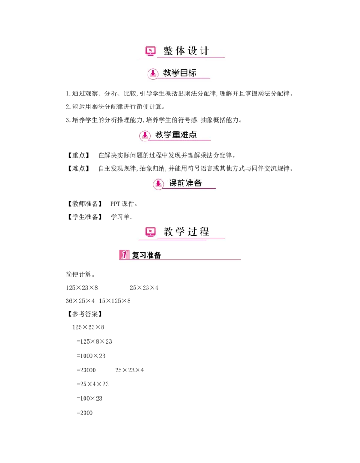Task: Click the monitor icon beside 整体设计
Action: [x=151, y=51]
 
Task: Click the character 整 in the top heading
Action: [x=168, y=51]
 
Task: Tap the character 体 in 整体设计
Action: [x=180, y=51]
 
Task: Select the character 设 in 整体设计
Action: [x=193, y=51]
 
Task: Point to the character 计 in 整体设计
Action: [x=205, y=51]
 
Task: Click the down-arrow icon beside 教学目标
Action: [x=153, y=73]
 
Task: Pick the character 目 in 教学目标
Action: [x=184, y=73]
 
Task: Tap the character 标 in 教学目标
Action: [x=192, y=73]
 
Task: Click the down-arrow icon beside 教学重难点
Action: [x=145, y=135]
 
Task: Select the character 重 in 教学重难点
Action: [x=176, y=135]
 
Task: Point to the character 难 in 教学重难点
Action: [x=184, y=135]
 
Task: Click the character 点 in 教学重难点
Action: [x=193, y=135]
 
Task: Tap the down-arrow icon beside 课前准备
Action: [x=158, y=184]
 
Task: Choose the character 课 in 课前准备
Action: [x=173, y=183]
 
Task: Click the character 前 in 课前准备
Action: [x=181, y=183]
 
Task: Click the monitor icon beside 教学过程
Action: [x=151, y=232]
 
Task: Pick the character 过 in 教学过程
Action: [x=193, y=232]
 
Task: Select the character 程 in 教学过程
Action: [x=205, y=232]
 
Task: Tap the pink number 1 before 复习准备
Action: [x=124, y=255]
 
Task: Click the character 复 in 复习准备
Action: [x=135, y=255]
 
